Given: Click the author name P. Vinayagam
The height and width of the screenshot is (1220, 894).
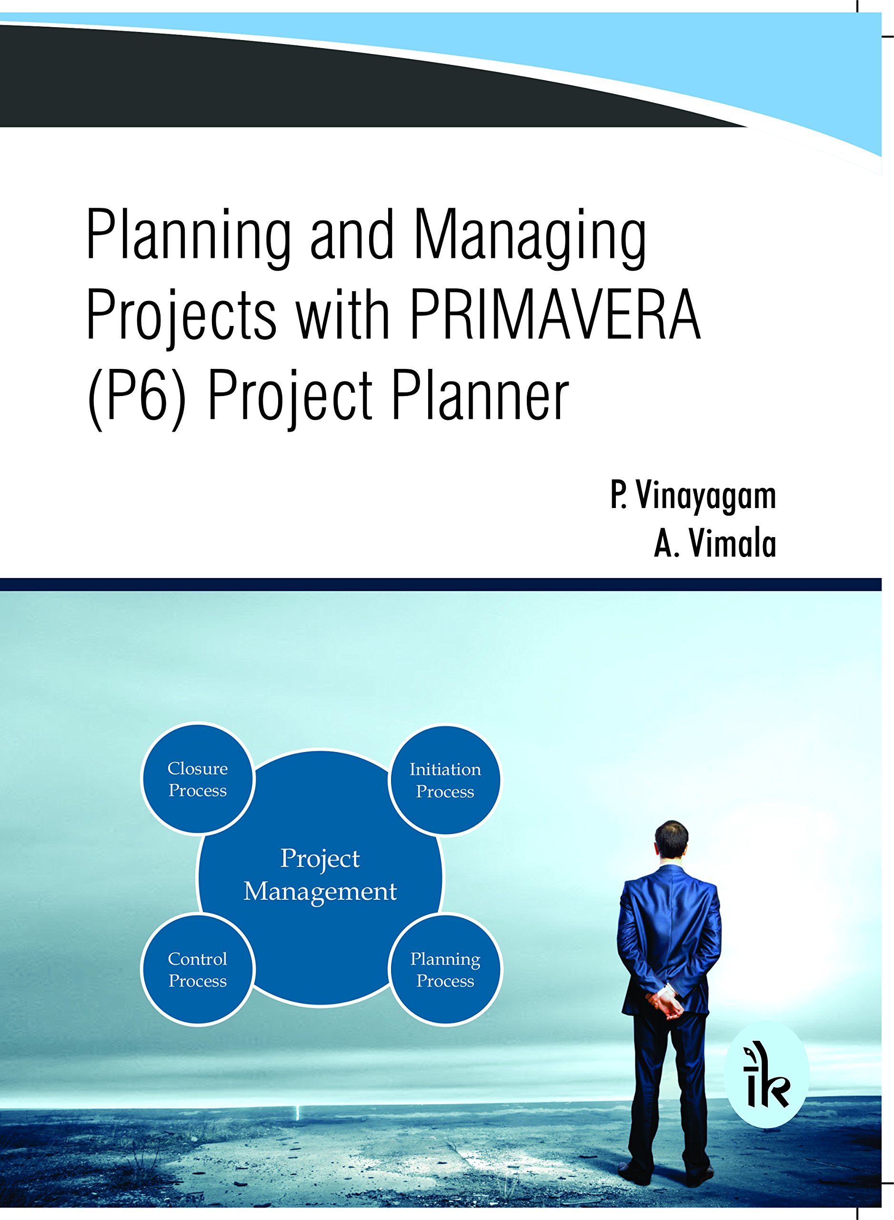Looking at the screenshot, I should [x=693, y=496].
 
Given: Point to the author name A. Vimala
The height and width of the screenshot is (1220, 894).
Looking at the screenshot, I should [x=715, y=544].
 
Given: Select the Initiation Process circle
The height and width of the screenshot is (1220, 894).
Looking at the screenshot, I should [x=445, y=780].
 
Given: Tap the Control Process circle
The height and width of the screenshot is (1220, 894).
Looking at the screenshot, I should [x=198, y=970].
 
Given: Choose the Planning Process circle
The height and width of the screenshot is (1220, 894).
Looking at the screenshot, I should [x=445, y=970].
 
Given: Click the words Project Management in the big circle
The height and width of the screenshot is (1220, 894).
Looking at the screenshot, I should [x=320, y=875].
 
